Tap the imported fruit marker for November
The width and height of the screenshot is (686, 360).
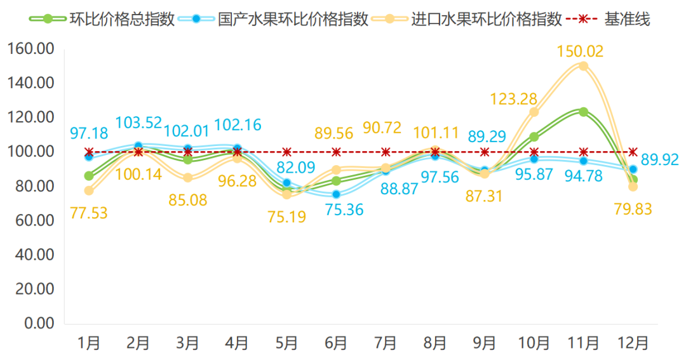coord(583,66)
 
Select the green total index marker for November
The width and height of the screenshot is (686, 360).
coord(583,112)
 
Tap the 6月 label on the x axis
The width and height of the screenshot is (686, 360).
coord(336,343)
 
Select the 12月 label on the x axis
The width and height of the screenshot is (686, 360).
coord(633,343)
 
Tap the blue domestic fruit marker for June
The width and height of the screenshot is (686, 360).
coord(336,194)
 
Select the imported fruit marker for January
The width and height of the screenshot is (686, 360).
coord(89,190)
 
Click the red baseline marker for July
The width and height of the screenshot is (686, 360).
coord(386,152)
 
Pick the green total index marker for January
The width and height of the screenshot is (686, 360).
coord(89,176)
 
